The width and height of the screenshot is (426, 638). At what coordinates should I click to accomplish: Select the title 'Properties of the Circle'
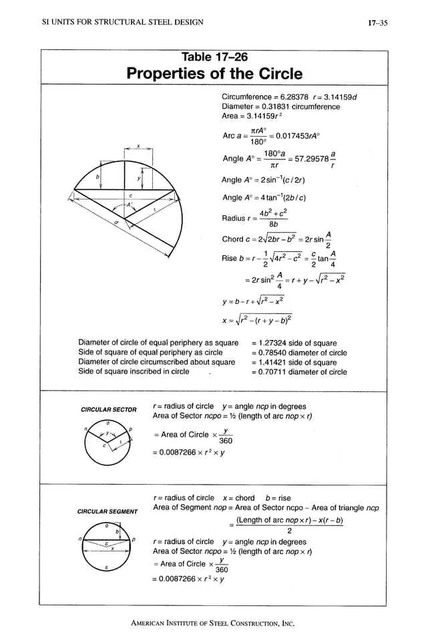tap(214, 73)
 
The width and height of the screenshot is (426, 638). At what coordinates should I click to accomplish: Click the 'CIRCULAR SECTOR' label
tap(108, 409)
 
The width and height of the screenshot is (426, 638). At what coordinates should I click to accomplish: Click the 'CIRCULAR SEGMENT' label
tap(108, 512)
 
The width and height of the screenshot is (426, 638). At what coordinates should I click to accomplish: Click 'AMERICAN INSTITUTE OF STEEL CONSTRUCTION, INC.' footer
tap(213, 624)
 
